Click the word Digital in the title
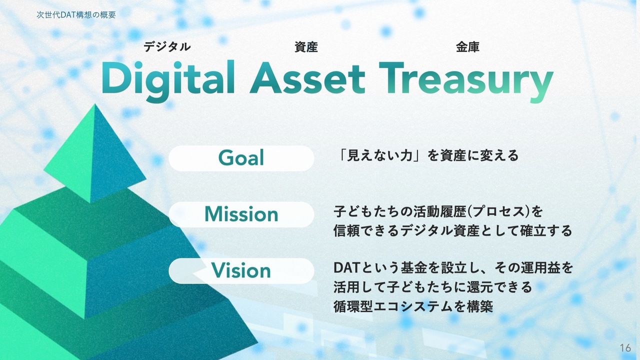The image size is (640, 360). point(168,79)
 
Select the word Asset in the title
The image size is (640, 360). point(307,78)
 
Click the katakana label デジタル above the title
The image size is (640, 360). point(167,47)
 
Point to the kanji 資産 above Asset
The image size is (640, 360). point(306,47)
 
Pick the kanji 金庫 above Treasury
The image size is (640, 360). point(467,47)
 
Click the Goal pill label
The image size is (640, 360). point(241,158)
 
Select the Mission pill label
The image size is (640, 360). point(241,214)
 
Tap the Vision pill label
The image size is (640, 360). point(241,270)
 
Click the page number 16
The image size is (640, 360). point(625,348)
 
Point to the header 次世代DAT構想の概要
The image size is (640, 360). point(76,15)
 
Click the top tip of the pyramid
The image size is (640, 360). point(94,104)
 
